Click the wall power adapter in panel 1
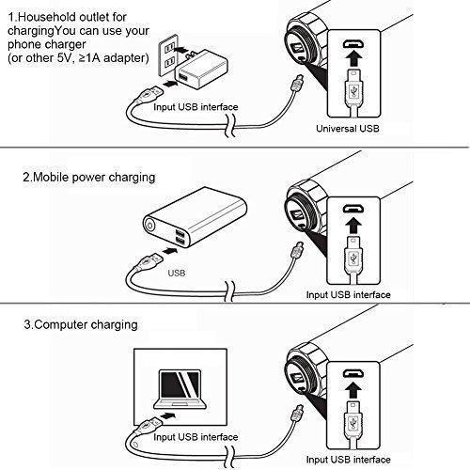(201, 70)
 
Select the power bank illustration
(195, 217)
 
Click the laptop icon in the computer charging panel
(180, 389)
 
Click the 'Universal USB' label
(348, 129)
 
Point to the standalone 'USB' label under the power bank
(177, 273)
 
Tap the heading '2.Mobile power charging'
(89, 178)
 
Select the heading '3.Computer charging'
(81, 324)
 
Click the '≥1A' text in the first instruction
(88, 58)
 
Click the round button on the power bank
(150, 226)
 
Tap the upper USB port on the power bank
(180, 233)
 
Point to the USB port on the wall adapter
(182, 77)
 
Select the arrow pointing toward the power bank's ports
(170, 251)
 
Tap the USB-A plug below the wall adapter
(149, 94)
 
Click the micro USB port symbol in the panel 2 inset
(353, 208)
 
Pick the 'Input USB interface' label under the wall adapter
(196, 107)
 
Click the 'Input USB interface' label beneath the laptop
(196, 437)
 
